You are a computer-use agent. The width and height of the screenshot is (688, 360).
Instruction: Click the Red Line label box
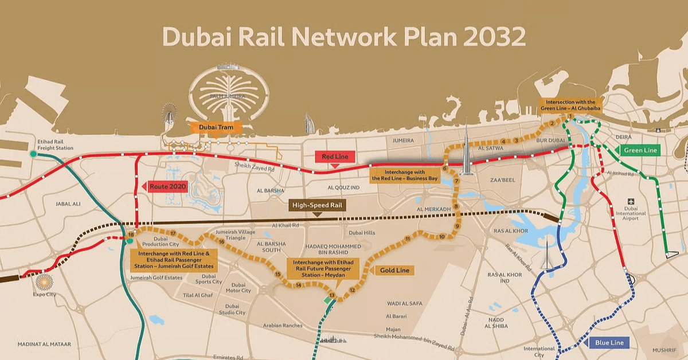[335, 156]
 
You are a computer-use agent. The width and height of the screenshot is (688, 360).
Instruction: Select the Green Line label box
[640, 150]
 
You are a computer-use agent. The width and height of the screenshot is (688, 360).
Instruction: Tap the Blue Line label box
[609, 343]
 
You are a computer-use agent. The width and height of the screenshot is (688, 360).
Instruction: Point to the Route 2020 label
[167, 186]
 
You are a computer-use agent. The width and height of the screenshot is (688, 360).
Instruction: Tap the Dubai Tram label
[213, 128]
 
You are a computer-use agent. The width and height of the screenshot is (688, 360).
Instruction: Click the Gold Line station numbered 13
[331, 295]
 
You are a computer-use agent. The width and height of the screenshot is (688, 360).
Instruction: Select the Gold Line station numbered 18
[131, 234]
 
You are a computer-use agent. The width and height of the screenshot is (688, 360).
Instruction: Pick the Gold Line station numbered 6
[445, 169]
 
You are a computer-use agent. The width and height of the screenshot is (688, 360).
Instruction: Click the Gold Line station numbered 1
[570, 117]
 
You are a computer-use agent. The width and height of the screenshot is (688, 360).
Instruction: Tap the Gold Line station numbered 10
[441, 237]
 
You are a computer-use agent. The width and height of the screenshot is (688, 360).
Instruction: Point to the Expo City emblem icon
[44, 282]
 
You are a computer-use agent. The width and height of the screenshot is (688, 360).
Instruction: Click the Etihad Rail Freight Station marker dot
[34, 154]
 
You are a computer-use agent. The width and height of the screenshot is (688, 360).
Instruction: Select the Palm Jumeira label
[224, 96]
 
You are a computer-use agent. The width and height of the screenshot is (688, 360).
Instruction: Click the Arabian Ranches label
[282, 326]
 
